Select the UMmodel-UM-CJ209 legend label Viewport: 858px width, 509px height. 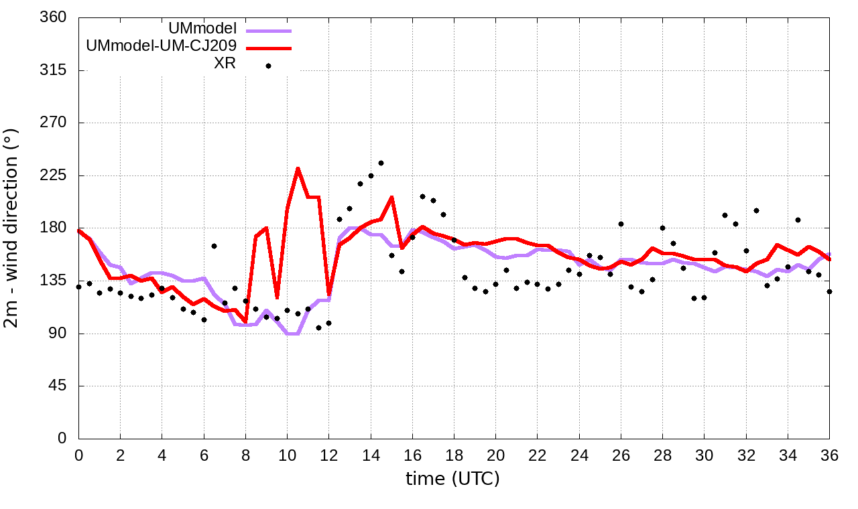click(x=162, y=47)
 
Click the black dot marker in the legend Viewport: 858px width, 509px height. click(x=268, y=66)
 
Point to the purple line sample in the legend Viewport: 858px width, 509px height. click(x=269, y=31)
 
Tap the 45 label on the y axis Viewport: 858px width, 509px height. click(x=58, y=386)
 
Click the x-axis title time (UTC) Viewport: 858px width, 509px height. click(x=452, y=479)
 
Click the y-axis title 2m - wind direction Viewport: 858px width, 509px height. click(x=12, y=228)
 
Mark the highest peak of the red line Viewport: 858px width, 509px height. click(x=298, y=168)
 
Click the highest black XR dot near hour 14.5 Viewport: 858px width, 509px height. click(x=381, y=163)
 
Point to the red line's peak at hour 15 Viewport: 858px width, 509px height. click(x=391, y=197)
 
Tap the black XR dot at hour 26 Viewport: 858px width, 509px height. click(x=621, y=224)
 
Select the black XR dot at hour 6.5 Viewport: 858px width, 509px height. click(x=214, y=246)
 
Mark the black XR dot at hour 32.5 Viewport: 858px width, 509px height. click(x=756, y=210)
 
